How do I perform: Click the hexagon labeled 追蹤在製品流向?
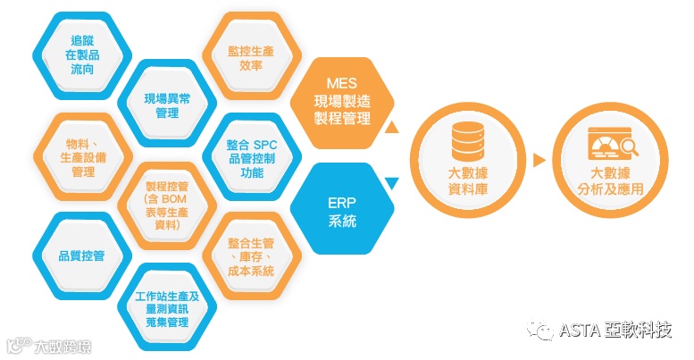coord(81,54)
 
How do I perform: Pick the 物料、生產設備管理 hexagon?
coord(81,158)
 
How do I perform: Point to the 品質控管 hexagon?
coord(81,255)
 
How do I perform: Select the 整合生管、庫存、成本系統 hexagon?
coord(251,257)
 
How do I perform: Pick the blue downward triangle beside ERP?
coord(390,185)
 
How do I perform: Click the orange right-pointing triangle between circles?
coord(539,161)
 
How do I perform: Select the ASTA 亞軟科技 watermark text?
coord(615,331)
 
